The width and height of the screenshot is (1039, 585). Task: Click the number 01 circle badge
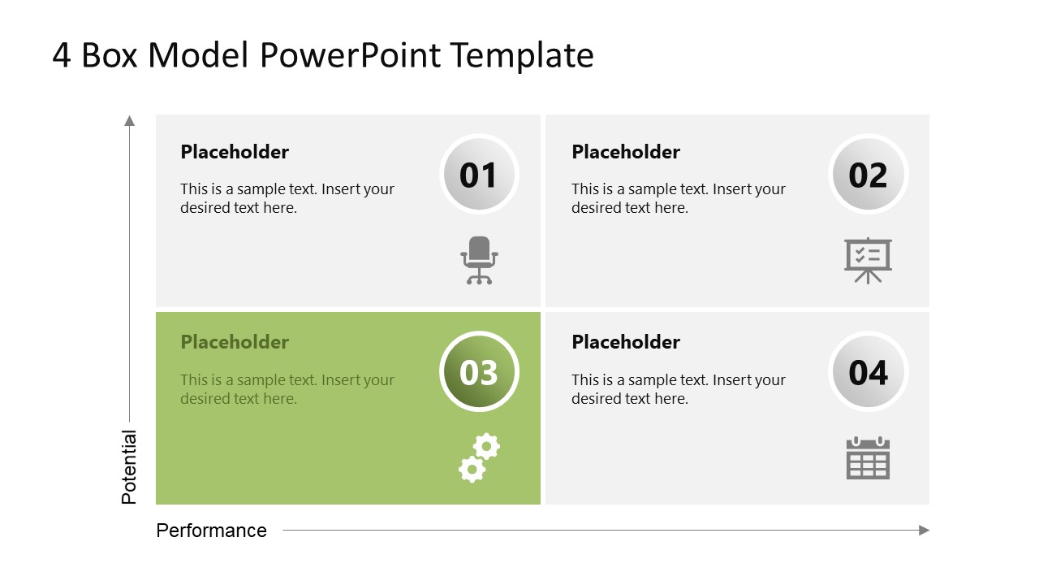[x=479, y=175]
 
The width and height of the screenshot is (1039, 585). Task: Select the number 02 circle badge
[x=868, y=175]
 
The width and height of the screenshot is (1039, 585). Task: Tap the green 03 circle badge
[x=479, y=372]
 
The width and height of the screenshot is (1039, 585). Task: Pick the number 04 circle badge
[x=868, y=372]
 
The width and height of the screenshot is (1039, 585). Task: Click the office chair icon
[x=479, y=260]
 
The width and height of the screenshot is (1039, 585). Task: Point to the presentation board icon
[x=868, y=260]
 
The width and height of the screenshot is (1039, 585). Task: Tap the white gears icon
[x=479, y=457]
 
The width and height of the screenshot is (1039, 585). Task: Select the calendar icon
[x=868, y=458]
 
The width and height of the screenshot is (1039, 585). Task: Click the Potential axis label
[x=129, y=467]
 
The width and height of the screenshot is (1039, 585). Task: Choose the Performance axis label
[x=211, y=531]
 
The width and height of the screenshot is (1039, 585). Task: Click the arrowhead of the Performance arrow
[x=924, y=531]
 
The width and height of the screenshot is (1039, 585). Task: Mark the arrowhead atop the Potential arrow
[x=129, y=121]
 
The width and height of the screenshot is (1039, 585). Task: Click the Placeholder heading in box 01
[x=235, y=152]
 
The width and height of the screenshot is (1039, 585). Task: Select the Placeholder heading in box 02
[x=626, y=152]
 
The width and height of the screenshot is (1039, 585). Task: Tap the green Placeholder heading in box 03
[x=235, y=342]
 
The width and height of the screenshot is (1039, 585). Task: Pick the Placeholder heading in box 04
[x=626, y=342]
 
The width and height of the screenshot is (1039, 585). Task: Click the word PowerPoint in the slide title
[x=351, y=55]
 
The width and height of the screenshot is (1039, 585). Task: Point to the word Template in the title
[x=522, y=55]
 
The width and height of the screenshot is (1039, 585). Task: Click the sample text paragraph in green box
[x=287, y=389]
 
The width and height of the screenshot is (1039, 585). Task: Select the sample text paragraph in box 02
[x=678, y=198]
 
